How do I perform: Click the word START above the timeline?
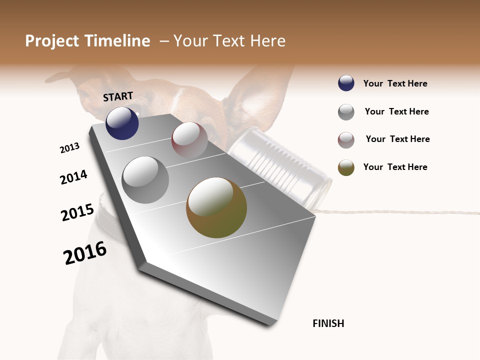pyautogui.click(x=118, y=96)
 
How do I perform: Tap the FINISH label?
pyautogui.click(x=328, y=323)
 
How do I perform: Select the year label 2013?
pyautogui.click(x=69, y=148)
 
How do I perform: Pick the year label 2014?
pyautogui.click(x=73, y=177)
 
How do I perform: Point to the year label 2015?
pyautogui.click(x=77, y=212)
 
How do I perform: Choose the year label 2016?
pyautogui.click(x=85, y=252)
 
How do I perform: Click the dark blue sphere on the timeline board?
pyautogui.click(x=122, y=123)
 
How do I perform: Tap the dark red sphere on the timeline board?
pyautogui.click(x=189, y=140)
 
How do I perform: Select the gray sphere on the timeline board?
pyautogui.click(x=145, y=180)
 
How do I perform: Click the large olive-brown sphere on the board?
pyautogui.click(x=216, y=207)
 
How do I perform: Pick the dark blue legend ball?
pyautogui.click(x=346, y=83)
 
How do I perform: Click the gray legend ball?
pyautogui.click(x=346, y=112)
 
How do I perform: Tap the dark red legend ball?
pyautogui.click(x=346, y=140)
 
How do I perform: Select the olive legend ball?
pyautogui.click(x=346, y=167)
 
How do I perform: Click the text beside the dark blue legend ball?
pyautogui.click(x=395, y=83)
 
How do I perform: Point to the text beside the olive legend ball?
pyautogui.click(x=395, y=167)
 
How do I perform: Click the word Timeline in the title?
pyautogui.click(x=118, y=41)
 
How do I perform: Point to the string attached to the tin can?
pyautogui.click(x=400, y=213)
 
